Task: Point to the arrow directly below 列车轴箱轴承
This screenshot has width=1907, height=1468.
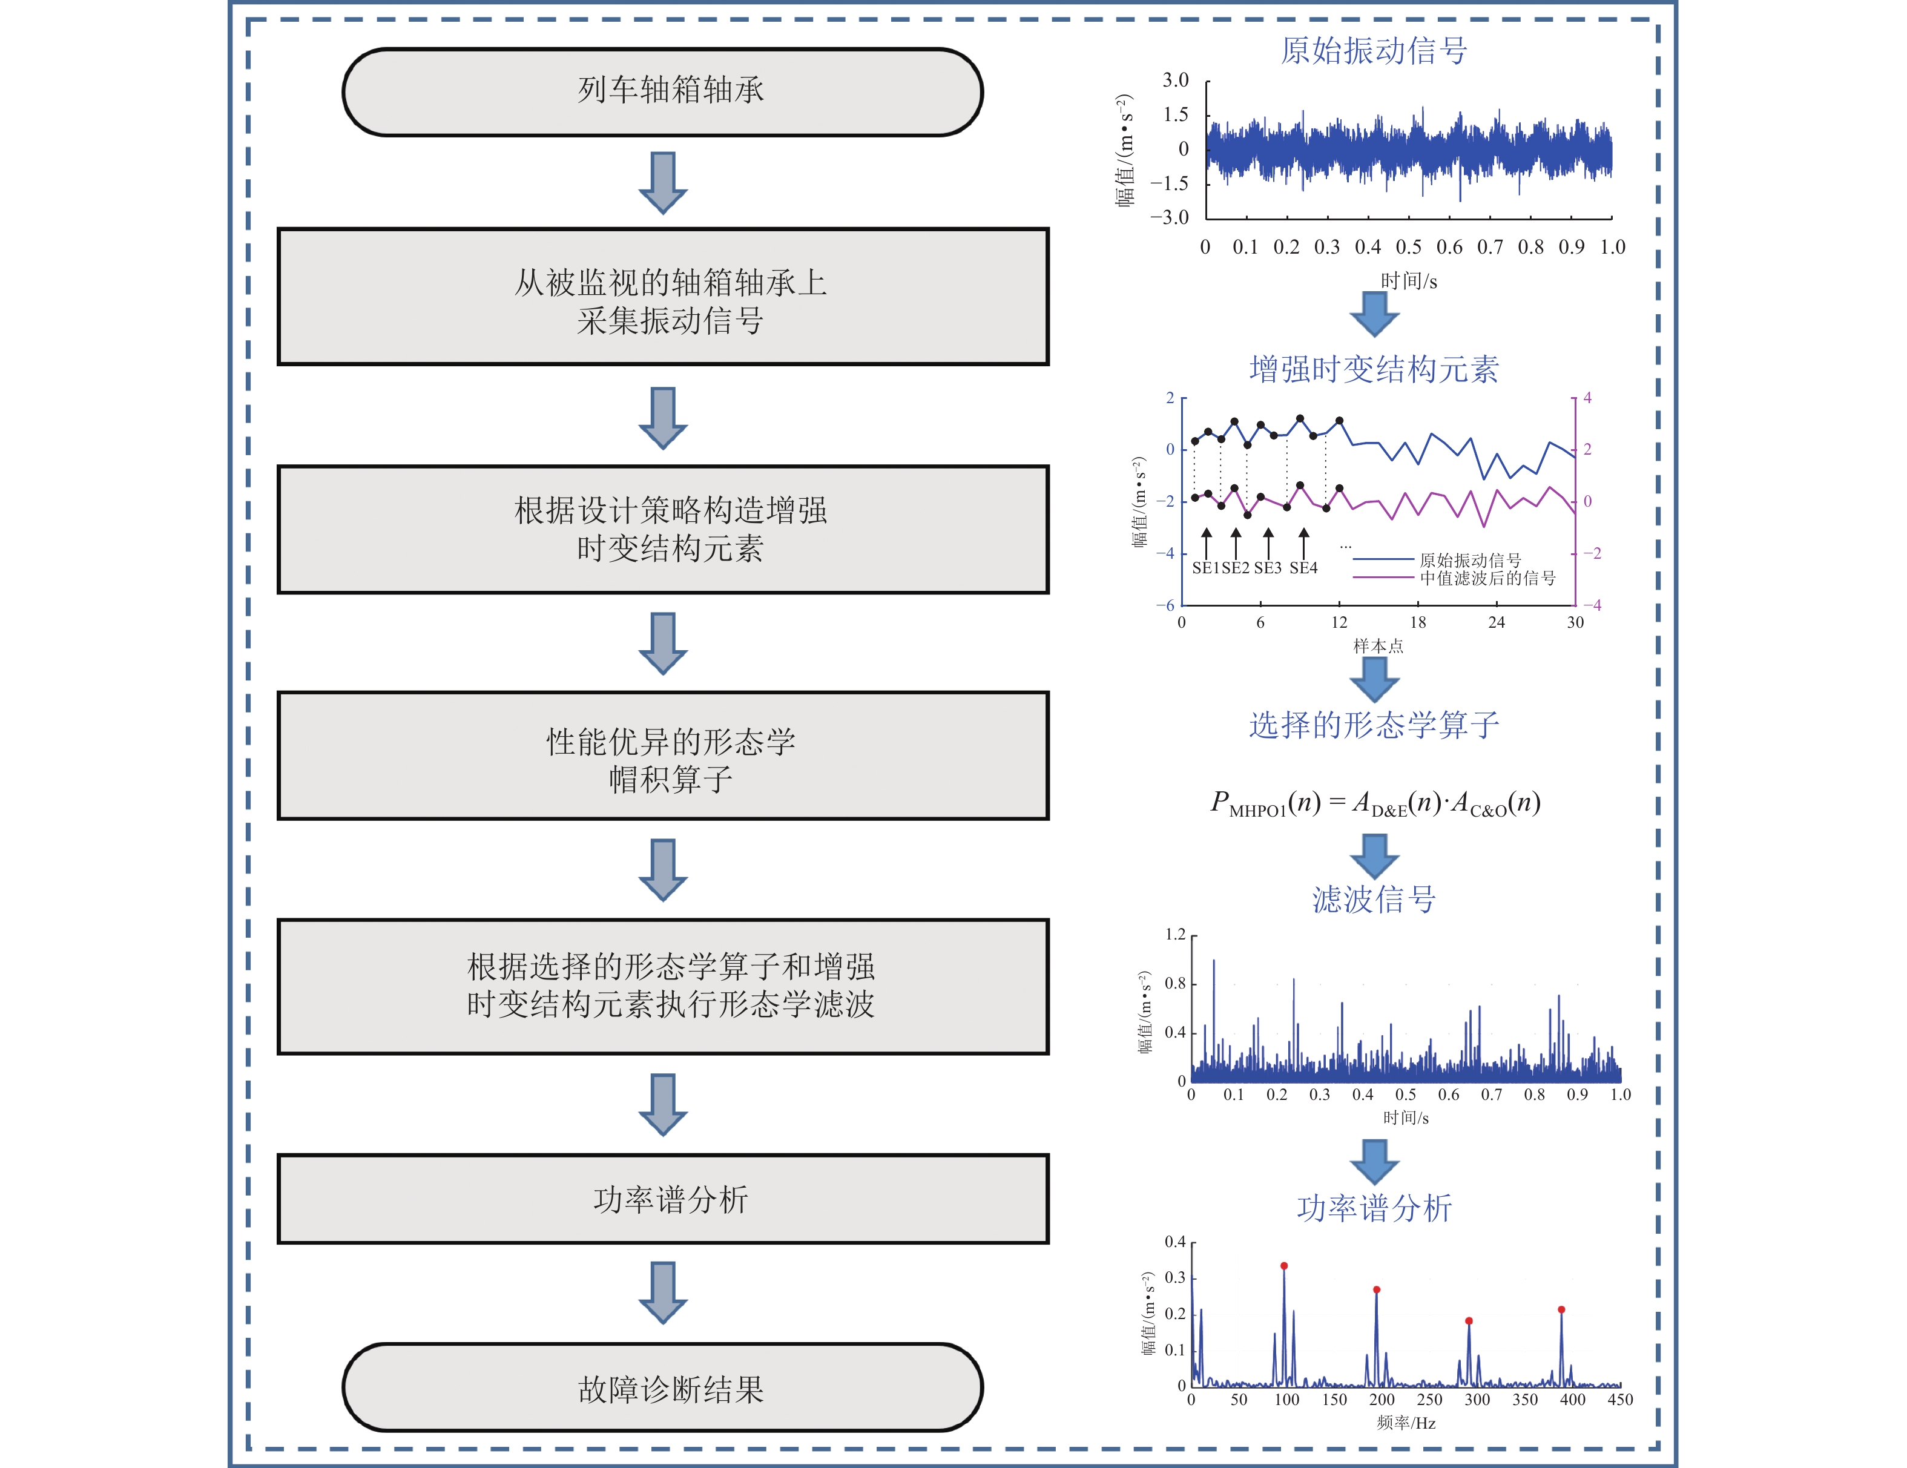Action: [x=663, y=183]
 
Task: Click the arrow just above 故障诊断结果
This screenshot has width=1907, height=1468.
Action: [x=663, y=1292]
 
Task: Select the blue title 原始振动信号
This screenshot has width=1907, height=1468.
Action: [x=1374, y=51]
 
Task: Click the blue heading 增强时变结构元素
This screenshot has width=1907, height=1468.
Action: [x=1374, y=369]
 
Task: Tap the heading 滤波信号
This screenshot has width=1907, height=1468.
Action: [x=1374, y=898]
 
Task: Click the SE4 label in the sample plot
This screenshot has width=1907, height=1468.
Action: [x=1303, y=568]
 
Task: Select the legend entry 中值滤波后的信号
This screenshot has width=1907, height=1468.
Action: [x=1487, y=578]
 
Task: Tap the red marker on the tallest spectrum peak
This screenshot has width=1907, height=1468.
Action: [x=1283, y=1265]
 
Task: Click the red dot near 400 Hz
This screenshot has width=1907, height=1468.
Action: [x=1561, y=1309]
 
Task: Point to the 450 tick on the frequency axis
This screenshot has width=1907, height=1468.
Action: [x=1619, y=1399]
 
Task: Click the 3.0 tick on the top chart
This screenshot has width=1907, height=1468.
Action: [x=1175, y=81]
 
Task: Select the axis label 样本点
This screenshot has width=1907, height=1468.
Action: [x=1378, y=647]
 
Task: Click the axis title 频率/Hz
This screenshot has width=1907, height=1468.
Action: [x=1406, y=1423]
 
